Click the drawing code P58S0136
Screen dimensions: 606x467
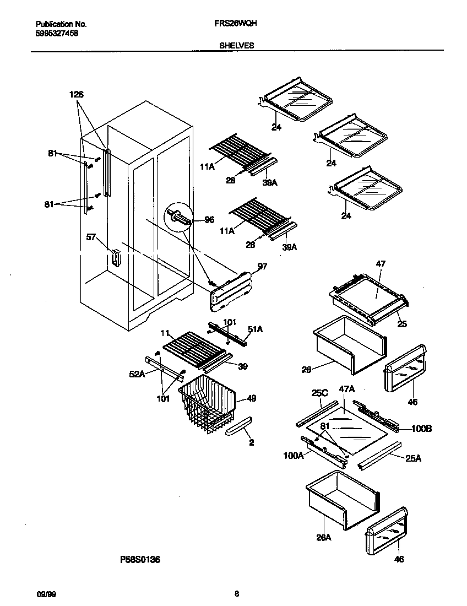(x=140, y=560)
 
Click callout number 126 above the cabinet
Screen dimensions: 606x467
(x=77, y=95)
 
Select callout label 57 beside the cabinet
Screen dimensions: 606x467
(x=91, y=237)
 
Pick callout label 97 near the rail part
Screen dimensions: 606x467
(x=263, y=267)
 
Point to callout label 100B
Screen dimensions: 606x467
(x=421, y=428)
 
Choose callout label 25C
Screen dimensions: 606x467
(x=319, y=393)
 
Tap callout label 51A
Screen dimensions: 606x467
(x=256, y=329)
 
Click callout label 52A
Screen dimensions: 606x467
(x=137, y=374)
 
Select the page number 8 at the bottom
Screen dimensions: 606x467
(x=237, y=594)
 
